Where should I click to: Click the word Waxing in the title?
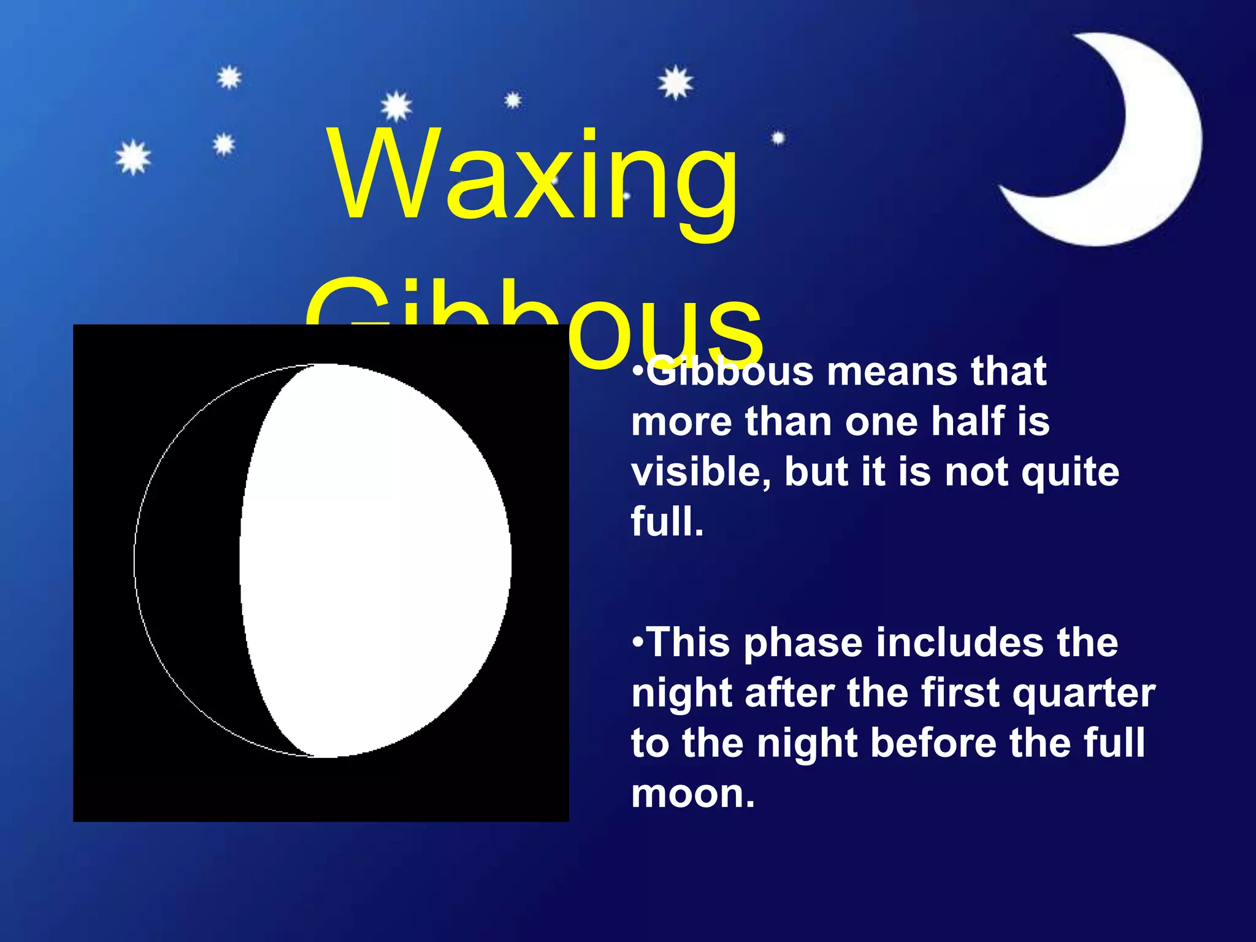pyautogui.click(x=534, y=178)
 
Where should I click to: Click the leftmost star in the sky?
pyautogui.click(x=133, y=157)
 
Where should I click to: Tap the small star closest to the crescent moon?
pyautogui.click(x=778, y=139)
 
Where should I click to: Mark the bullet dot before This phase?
pyautogui.click(x=638, y=642)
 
